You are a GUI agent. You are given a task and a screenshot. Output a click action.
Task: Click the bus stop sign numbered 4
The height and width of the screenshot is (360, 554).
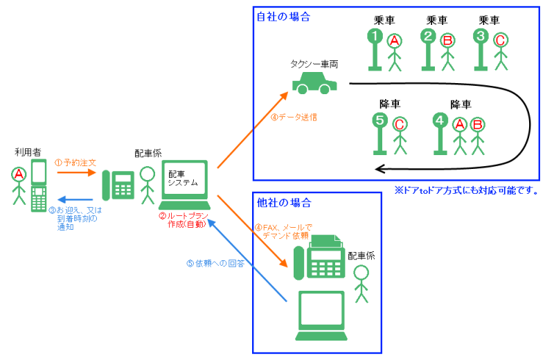(x=440, y=132)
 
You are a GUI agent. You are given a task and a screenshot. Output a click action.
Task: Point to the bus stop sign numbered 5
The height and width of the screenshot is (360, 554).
(x=379, y=132)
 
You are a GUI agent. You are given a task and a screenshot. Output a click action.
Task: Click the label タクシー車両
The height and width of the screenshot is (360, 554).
(x=314, y=64)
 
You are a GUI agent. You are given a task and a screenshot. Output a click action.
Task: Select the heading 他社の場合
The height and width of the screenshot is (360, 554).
(x=283, y=203)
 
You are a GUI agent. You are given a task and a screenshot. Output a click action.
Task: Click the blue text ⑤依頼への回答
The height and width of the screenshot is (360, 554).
(x=215, y=263)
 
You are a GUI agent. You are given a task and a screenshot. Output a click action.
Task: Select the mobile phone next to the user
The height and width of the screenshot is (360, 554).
(x=38, y=185)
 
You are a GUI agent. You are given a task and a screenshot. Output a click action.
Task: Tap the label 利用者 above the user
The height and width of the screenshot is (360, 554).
(x=27, y=152)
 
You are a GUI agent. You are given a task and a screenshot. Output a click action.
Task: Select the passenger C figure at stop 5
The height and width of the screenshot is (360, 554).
(x=400, y=134)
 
